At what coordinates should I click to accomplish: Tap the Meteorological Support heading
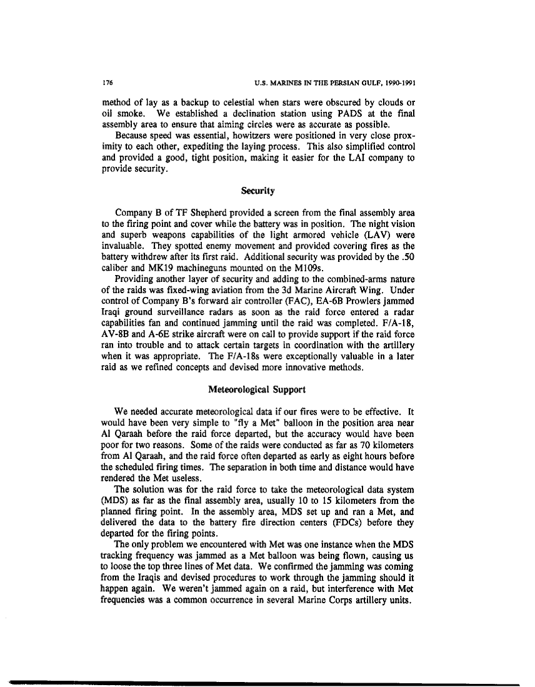click(x=256, y=389)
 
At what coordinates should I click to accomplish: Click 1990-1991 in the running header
click(x=399, y=82)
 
